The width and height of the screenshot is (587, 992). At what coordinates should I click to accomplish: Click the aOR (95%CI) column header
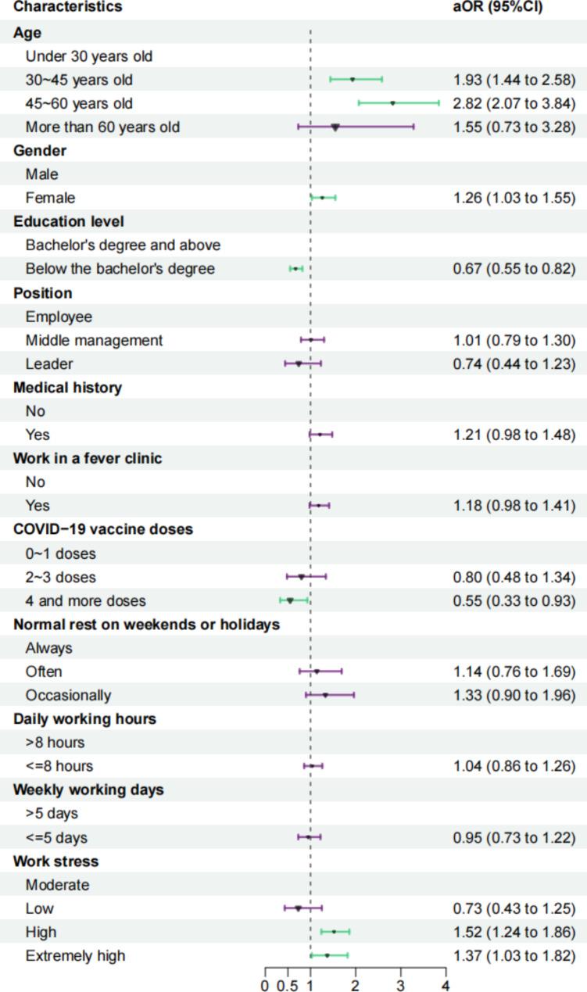498,7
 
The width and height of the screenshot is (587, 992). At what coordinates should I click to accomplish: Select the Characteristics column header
68,7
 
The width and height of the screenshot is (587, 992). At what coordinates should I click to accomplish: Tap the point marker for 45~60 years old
392,103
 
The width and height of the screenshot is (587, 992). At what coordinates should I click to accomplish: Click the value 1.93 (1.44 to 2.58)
514,80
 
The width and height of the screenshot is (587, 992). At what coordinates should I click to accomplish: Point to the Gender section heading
40,151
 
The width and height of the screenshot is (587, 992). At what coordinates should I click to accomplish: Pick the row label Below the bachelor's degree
120,269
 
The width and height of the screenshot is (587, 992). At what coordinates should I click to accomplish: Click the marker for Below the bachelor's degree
295,269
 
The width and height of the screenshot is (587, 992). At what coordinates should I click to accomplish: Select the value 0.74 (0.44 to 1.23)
514,363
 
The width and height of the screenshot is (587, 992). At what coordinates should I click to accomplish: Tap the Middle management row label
94,340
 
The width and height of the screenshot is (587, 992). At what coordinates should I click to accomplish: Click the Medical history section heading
67,388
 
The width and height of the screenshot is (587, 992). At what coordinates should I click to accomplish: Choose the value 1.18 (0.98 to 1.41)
514,506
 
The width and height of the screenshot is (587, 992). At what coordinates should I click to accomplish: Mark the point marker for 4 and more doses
290,600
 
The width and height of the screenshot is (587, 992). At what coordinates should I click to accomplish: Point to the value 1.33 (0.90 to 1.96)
514,695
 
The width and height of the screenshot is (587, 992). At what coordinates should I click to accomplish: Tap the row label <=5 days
56,837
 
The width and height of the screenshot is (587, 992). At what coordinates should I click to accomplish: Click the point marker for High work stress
334,932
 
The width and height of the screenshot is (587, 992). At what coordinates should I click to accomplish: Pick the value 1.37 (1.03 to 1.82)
514,955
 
